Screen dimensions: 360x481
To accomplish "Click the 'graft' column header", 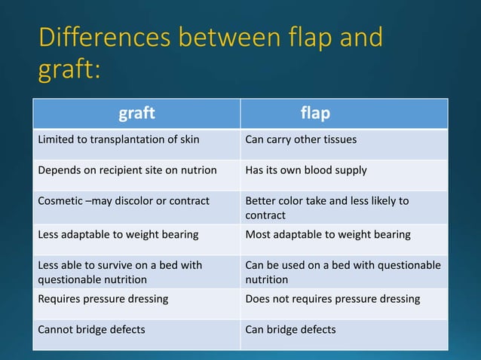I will [136, 114].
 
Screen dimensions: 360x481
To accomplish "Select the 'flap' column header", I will [315, 114].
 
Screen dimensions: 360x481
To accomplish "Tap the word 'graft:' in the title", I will [69, 71].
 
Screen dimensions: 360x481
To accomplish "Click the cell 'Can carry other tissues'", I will [301, 139].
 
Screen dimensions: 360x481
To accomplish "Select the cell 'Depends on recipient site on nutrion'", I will [127, 169].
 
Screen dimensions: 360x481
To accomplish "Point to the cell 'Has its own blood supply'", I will [306, 169].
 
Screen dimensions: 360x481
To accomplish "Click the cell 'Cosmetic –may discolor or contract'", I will [124, 201].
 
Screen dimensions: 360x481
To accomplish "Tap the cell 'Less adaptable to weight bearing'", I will [118, 234].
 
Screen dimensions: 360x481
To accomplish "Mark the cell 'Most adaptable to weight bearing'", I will [328, 234].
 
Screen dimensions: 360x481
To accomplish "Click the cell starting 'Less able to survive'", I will [120, 272].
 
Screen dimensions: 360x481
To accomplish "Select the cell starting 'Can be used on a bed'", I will [343, 272].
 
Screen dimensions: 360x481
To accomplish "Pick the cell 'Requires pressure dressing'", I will [103, 299].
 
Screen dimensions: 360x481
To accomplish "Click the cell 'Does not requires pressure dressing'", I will [332, 299].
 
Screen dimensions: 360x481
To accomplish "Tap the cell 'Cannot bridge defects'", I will [91, 329].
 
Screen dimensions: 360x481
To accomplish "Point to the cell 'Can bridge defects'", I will [290, 329].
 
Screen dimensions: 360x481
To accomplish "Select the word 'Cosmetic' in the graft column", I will [60, 201].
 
